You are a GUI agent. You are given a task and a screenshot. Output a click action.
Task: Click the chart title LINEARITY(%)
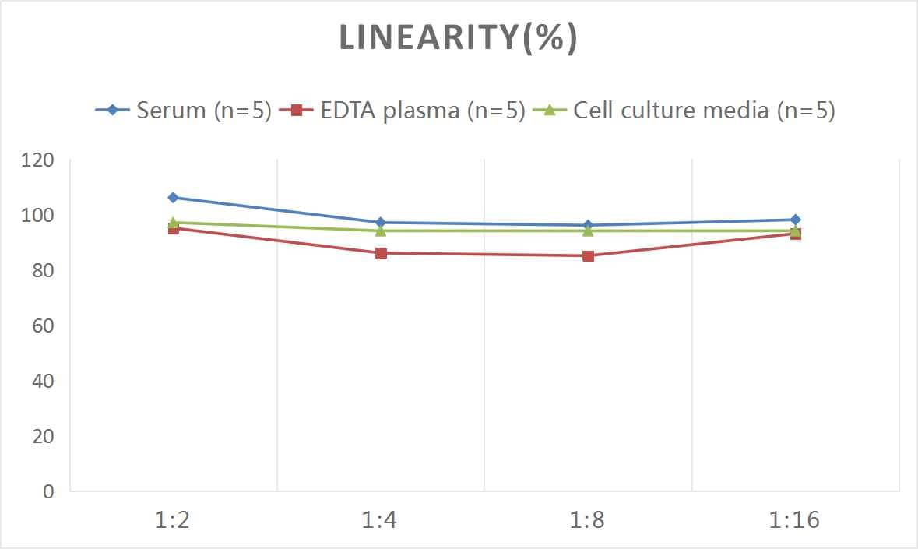(x=458, y=38)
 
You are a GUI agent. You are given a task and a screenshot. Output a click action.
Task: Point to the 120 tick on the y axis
(x=38, y=160)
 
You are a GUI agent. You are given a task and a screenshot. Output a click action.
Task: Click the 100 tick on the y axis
(x=38, y=216)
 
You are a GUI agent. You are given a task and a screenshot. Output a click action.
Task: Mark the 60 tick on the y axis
(x=43, y=326)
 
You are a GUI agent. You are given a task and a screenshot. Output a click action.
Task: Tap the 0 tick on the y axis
(x=48, y=491)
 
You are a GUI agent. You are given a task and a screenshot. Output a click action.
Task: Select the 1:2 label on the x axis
(x=173, y=520)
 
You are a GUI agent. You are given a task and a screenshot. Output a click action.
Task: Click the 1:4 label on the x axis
(x=380, y=520)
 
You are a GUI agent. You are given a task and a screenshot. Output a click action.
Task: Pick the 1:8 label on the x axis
(x=588, y=520)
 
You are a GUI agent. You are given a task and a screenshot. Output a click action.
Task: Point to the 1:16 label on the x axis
(x=795, y=520)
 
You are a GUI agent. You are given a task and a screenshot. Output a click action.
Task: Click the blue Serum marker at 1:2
(x=173, y=198)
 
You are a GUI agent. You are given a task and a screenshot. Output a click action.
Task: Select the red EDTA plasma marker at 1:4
(x=381, y=253)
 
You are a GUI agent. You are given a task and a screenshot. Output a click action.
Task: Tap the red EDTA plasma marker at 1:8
(x=588, y=255)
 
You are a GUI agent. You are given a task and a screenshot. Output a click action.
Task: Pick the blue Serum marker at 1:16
(x=795, y=220)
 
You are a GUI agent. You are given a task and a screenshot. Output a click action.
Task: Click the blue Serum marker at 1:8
(x=588, y=225)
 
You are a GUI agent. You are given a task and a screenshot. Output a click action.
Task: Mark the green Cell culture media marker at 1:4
(x=381, y=231)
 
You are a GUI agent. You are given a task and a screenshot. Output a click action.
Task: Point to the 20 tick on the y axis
(x=43, y=436)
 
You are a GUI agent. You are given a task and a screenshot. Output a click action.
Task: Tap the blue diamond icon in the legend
(x=113, y=111)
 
